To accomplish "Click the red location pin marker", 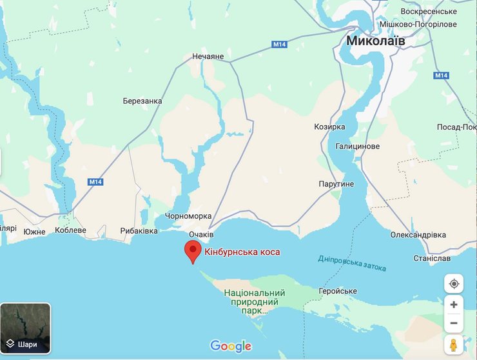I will (193, 251).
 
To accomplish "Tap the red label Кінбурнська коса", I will (242, 252).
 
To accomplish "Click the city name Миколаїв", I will (376, 41).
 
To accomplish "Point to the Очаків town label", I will (201, 234).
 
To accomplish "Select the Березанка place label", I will (142, 101).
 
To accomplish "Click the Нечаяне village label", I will (208, 57).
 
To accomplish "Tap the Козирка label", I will (329, 127).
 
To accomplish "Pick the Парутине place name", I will (336, 185).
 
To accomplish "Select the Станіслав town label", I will (431, 258).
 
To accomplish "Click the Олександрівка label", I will (418, 235).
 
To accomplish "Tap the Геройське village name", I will (337, 291).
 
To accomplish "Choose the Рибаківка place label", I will (139, 231).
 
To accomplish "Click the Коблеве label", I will (71, 230).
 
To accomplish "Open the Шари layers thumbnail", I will (25, 328).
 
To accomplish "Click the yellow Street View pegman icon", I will (454, 345).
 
